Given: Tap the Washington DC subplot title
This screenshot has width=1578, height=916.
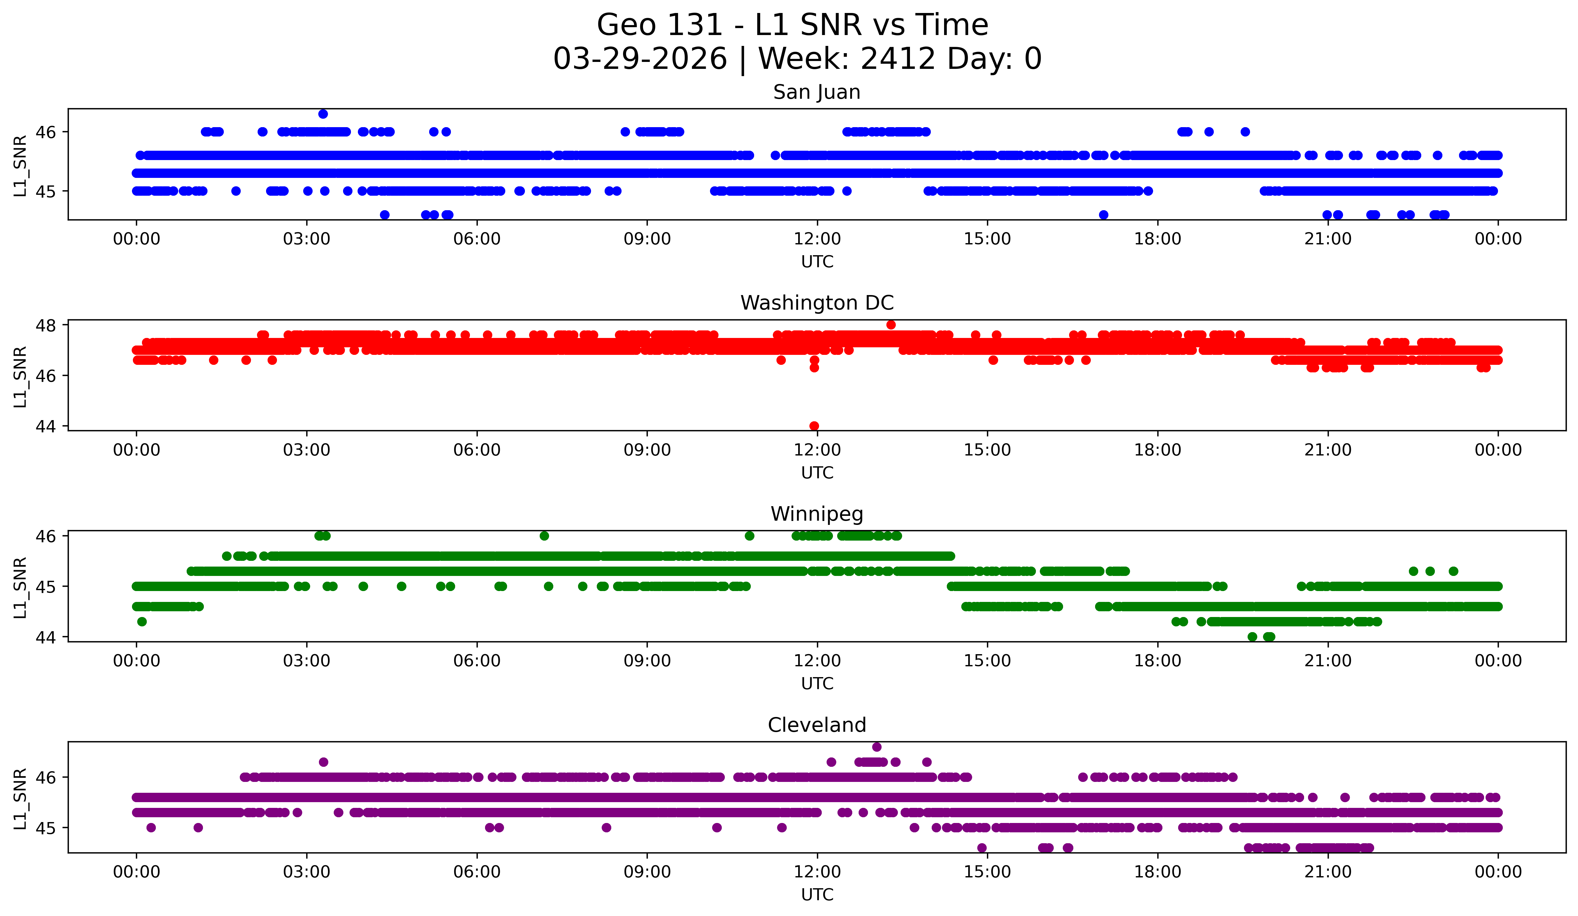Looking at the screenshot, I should (817, 303).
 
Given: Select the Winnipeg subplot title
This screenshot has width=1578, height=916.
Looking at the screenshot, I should (817, 514).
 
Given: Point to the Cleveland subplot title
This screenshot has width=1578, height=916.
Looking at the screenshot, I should (817, 725).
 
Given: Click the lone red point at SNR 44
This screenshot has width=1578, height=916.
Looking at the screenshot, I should (814, 426).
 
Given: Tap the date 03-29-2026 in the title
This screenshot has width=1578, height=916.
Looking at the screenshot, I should (640, 59).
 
